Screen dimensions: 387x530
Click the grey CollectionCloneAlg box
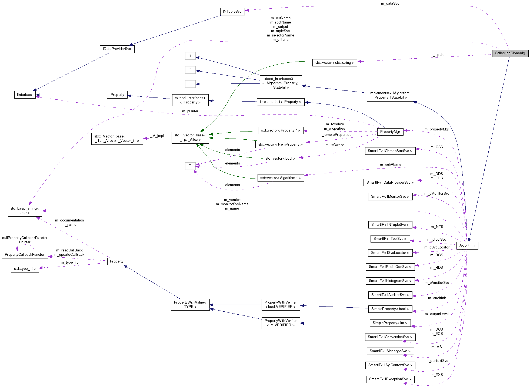[510, 53]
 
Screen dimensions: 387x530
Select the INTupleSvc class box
[232, 12]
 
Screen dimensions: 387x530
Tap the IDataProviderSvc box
[117, 49]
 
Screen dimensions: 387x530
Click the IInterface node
[25, 95]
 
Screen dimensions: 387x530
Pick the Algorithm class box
[467, 245]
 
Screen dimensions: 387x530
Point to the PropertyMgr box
[390, 132]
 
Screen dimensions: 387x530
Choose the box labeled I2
[190, 70]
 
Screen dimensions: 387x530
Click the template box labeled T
[190, 166]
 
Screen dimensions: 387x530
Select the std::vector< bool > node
[281, 159]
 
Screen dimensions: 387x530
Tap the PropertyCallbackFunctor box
[25, 255]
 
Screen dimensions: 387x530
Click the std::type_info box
[25, 269]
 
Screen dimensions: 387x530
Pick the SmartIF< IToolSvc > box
[390, 239]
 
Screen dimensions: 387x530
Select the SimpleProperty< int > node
[390, 323]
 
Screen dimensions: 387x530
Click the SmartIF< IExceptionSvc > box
[390, 379]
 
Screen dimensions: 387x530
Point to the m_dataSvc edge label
[390, 4]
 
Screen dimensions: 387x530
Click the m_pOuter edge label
[190, 111]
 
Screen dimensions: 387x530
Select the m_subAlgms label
[390, 164]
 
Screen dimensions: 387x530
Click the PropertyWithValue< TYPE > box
[190, 305]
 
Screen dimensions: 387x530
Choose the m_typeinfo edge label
[69, 263]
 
